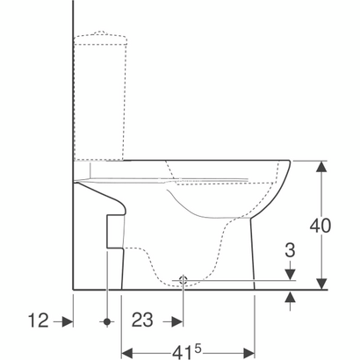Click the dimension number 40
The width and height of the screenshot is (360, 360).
322,225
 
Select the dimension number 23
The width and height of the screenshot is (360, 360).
141,321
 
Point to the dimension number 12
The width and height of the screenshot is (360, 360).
38,321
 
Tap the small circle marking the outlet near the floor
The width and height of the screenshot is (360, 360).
182,281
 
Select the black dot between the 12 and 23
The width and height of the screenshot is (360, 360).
108,321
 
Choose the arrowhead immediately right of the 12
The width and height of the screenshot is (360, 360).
66,321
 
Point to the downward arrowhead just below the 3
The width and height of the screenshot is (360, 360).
291,276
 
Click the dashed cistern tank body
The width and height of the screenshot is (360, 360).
109,97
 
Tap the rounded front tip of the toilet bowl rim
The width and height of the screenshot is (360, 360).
289,167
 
